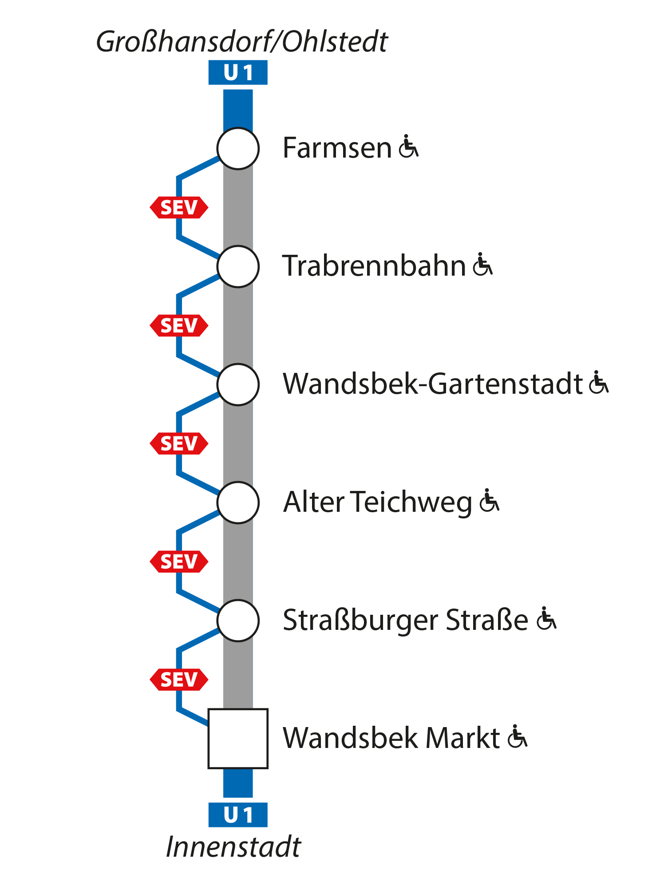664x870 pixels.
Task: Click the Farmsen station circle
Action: pyautogui.click(x=238, y=149)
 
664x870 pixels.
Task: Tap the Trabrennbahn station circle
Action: pyautogui.click(x=238, y=267)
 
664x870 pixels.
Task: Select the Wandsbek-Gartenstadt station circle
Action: pyautogui.click(x=238, y=385)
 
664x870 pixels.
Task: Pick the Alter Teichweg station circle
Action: pyautogui.click(x=238, y=503)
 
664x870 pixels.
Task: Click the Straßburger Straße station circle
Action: pyautogui.click(x=238, y=621)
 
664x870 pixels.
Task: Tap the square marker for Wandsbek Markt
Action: pyautogui.click(x=238, y=739)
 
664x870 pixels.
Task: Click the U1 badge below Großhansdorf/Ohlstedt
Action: pyautogui.click(x=238, y=73)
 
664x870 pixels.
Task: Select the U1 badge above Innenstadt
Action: pyautogui.click(x=238, y=815)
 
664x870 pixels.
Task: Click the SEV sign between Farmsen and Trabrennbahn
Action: pyautogui.click(x=179, y=208)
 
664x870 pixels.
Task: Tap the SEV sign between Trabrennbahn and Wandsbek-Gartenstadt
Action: pyautogui.click(x=179, y=326)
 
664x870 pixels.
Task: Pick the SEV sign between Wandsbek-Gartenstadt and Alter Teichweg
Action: pyautogui.click(x=179, y=444)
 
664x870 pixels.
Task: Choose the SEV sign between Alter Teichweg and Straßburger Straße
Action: pyautogui.click(x=179, y=562)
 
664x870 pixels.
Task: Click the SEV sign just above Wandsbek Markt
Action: pyautogui.click(x=179, y=680)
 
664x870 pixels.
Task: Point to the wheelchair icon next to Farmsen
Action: pyautogui.click(x=408, y=146)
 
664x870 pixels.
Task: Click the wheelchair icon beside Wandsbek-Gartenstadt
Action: pyautogui.click(x=599, y=383)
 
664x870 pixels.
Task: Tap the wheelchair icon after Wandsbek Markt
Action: pyautogui.click(x=517, y=737)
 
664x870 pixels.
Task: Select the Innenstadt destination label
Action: pyautogui.click(x=233, y=847)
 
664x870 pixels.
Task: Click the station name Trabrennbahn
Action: pyautogui.click(x=374, y=266)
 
